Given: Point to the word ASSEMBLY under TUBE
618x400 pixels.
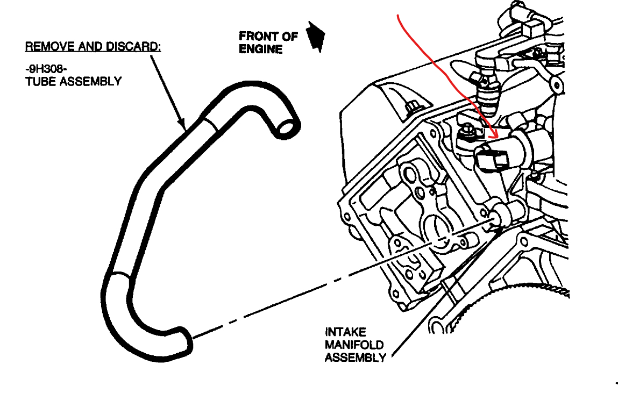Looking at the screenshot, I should click(x=92, y=81).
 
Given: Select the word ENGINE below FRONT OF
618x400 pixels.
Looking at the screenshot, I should click(x=260, y=49).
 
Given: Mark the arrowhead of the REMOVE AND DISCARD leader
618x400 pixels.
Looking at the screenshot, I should click(x=185, y=127).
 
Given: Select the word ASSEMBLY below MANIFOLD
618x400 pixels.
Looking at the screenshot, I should click(x=354, y=358).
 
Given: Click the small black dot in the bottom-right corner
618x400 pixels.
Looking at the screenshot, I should click(x=616, y=383).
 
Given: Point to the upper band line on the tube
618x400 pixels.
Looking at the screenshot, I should click(x=211, y=123).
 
